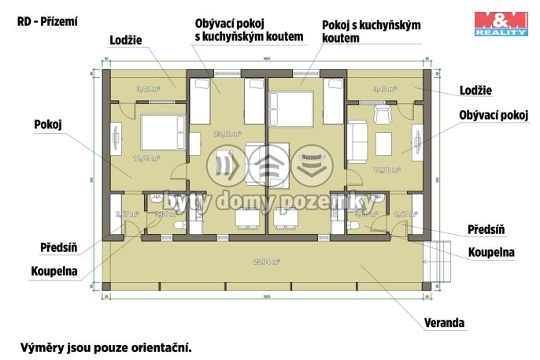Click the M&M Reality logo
click(500, 24)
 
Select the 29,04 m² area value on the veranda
click(267, 262)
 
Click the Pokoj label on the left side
click(48, 124)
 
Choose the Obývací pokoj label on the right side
click(493, 115)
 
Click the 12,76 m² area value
click(387, 169)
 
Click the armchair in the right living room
click(383, 116)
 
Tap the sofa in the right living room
click(357, 139)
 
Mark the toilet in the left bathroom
click(176, 226)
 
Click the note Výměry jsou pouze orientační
click(105, 347)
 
